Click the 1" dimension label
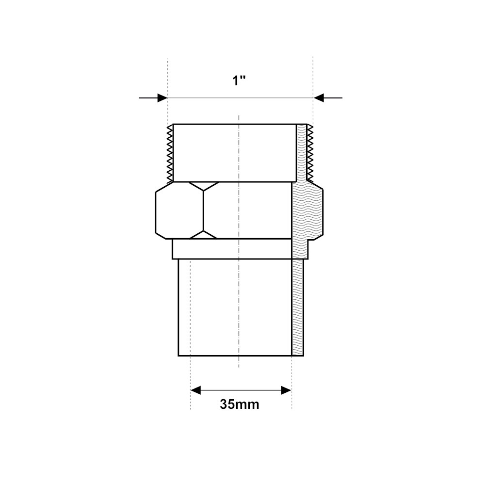tap(239, 81)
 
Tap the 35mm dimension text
tap(240, 404)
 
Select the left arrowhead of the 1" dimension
tap(162, 98)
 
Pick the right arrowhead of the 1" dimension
tap(318, 98)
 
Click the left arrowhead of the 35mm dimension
tap(195, 390)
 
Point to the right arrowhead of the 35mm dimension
tap(286, 390)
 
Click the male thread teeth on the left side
tap(170, 153)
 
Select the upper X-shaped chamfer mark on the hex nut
tap(204, 186)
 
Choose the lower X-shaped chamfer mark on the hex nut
tap(204, 234)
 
